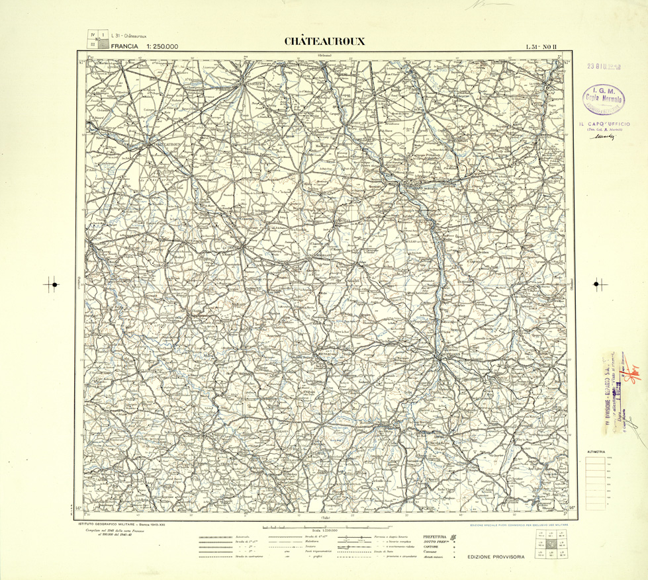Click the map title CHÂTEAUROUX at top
pos(324,41)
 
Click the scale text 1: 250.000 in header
pos(156,47)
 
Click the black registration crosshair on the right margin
pos(599,284)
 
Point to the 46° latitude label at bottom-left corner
pos(79,508)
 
